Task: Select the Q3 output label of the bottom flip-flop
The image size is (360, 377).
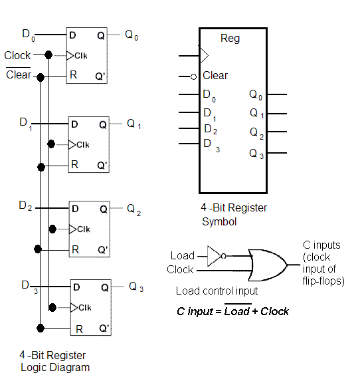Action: pyautogui.click(x=135, y=287)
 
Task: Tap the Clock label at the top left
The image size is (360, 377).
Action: pyautogui.click(x=17, y=55)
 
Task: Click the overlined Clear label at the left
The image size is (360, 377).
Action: pyautogui.click(x=19, y=75)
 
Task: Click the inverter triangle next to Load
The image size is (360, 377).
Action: pyautogui.click(x=215, y=255)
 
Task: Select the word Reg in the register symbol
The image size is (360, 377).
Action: pyautogui.click(x=230, y=39)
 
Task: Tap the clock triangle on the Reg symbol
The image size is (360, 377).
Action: pyautogui.click(x=203, y=54)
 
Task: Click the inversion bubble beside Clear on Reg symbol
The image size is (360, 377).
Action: pyautogui.click(x=194, y=76)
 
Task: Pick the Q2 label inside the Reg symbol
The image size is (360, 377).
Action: pyautogui.click(x=256, y=132)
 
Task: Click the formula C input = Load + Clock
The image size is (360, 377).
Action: pyautogui.click(x=232, y=311)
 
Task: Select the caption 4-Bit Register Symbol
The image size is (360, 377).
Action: pyautogui.click(x=234, y=214)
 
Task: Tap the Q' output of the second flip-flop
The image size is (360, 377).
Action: pyautogui.click(x=103, y=164)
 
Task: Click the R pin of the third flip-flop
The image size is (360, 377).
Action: pyautogui.click(x=75, y=249)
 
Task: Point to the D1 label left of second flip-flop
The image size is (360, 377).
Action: pyautogui.click(x=25, y=122)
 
